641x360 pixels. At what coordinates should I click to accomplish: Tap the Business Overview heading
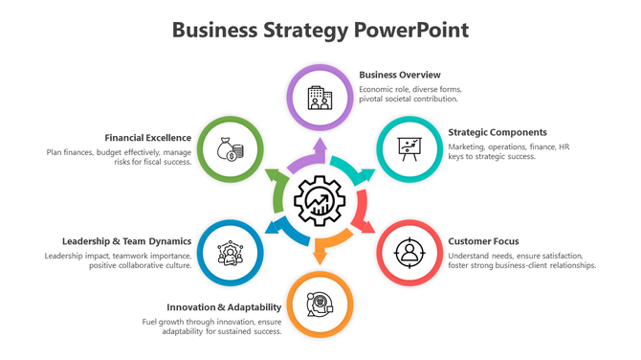[400, 74]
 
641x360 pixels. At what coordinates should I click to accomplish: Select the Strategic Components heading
[497, 132]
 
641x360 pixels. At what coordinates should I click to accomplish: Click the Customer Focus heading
[483, 241]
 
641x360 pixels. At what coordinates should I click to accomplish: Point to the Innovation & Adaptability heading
[224, 306]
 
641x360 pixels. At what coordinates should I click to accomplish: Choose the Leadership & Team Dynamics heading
[127, 241]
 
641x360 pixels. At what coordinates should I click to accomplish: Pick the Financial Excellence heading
[148, 137]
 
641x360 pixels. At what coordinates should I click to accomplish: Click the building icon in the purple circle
[320, 96]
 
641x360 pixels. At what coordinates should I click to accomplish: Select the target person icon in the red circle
[409, 254]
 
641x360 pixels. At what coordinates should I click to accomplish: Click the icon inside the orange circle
[320, 305]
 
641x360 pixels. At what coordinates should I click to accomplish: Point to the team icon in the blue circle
[231, 254]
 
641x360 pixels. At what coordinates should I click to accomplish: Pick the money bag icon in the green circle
[231, 149]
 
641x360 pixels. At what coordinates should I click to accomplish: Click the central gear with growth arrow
[320, 201]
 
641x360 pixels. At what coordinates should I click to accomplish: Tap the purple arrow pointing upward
[319, 151]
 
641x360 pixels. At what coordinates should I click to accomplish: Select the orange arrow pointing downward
[321, 252]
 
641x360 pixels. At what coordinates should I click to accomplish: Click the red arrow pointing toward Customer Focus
[365, 222]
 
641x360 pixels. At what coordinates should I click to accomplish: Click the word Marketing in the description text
[469, 146]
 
